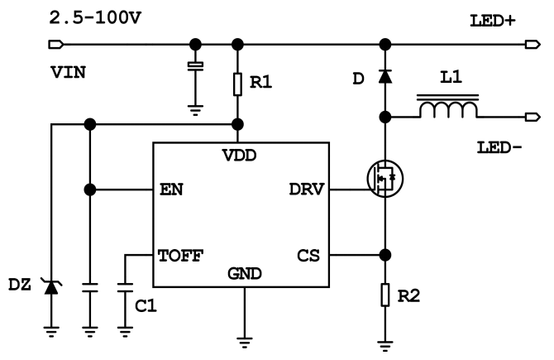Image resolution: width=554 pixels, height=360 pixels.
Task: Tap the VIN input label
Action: [x=65, y=74]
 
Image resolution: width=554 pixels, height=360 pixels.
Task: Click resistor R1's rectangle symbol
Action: [x=239, y=84]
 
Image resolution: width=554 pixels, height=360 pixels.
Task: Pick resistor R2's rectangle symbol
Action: [x=385, y=295]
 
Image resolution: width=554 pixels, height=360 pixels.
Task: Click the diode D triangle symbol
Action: [x=385, y=77]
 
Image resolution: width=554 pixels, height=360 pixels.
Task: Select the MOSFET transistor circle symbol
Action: [x=382, y=176]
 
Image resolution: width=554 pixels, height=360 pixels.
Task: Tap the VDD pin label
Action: [x=239, y=155]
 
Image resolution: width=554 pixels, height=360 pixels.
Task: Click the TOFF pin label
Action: [x=180, y=256]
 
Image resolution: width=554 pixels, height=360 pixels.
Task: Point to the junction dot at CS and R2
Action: [x=385, y=256]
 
